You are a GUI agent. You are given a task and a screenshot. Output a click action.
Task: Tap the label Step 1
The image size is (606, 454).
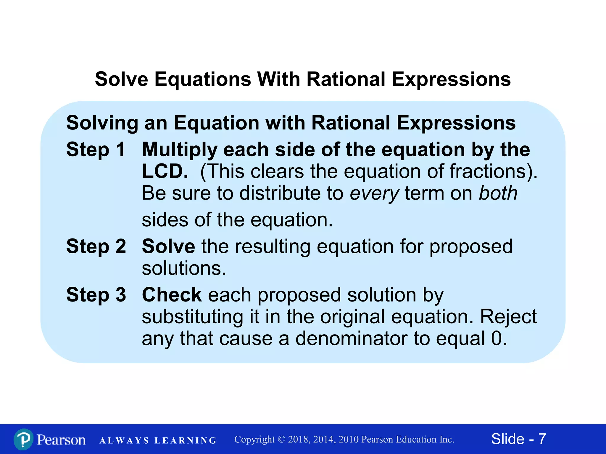pos(96,149)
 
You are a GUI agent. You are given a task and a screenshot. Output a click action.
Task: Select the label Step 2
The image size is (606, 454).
pos(96,246)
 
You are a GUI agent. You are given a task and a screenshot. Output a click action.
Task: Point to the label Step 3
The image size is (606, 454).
pos(96,295)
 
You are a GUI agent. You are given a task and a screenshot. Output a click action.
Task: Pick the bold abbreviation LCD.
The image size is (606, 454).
pos(165,171)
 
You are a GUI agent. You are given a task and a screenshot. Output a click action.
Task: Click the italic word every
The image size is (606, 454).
pos(374,194)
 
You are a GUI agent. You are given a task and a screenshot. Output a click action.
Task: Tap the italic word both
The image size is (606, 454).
pos(498,193)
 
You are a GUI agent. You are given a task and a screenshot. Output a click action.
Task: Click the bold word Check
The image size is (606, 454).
pos(172,295)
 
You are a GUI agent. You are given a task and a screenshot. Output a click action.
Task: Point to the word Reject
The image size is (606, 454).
pos(508,317)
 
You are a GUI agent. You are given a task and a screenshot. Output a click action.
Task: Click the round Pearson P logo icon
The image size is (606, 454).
pos(23,439)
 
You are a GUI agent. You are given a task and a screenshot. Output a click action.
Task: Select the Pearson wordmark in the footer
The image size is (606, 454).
pos(61,440)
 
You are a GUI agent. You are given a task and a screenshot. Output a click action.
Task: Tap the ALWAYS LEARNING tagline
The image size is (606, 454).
pos(158,440)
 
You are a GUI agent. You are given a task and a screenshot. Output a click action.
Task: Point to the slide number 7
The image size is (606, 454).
pos(542,439)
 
